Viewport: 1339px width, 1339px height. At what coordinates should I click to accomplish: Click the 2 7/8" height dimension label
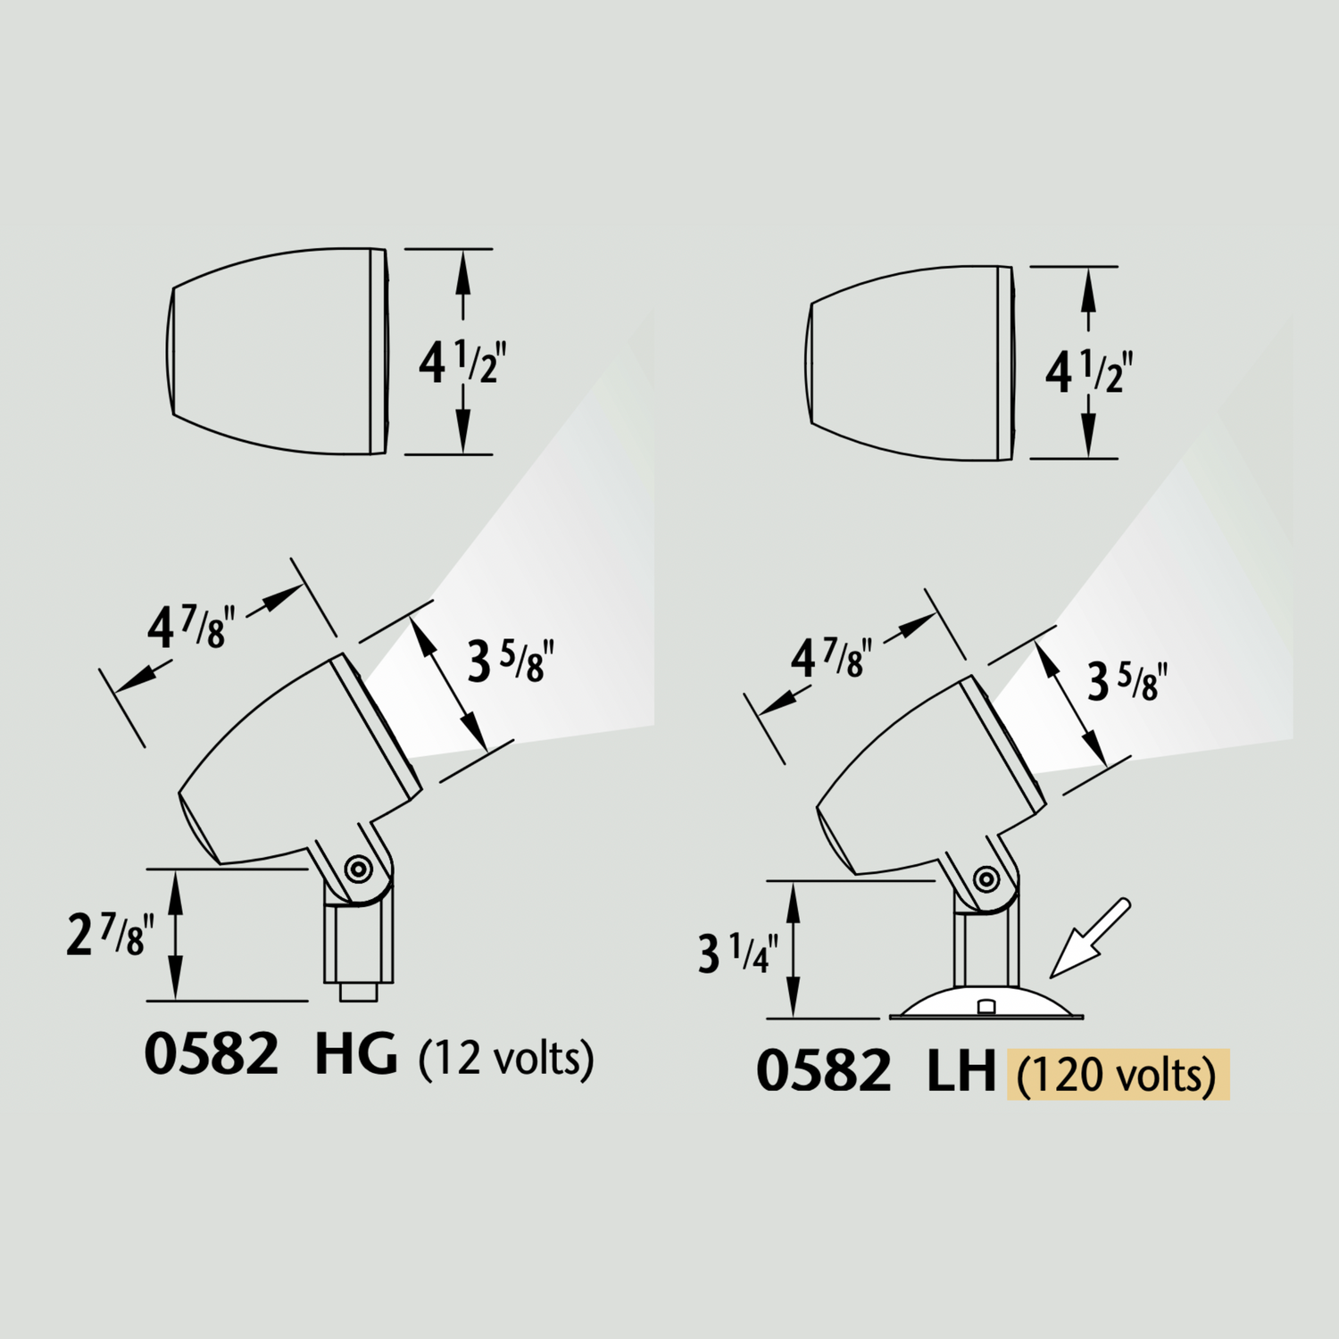(x=110, y=936)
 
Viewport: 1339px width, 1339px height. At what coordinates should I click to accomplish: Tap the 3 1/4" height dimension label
(x=737, y=952)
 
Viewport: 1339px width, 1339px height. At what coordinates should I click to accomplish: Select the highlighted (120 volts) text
(x=1118, y=1074)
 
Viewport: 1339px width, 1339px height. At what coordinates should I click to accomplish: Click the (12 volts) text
(x=506, y=1058)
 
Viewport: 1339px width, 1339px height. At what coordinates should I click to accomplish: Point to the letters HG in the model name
(x=355, y=1054)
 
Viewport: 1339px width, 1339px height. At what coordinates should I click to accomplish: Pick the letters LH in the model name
(x=961, y=1071)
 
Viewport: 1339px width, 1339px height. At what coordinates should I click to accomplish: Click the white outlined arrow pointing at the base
(x=1088, y=938)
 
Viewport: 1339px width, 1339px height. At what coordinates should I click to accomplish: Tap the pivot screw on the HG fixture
(x=359, y=868)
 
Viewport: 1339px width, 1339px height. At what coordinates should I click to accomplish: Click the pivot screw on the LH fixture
(x=986, y=878)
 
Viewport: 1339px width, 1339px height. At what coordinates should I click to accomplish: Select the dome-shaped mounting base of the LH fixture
(x=986, y=1002)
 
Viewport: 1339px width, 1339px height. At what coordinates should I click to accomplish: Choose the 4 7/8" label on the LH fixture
(x=830, y=659)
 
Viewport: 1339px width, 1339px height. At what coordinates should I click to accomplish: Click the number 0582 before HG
(x=212, y=1054)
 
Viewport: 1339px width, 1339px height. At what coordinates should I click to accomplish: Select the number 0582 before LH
(x=823, y=1071)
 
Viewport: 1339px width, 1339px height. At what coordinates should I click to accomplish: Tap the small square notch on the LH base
(x=986, y=1007)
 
